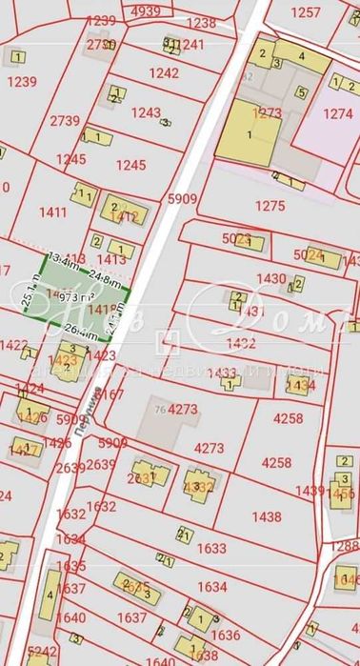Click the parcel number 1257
tap(307, 12)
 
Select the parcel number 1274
tap(338, 113)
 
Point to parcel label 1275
tap(270, 204)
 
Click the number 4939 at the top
tap(147, 10)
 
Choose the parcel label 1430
tap(271, 278)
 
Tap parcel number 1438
tap(267, 516)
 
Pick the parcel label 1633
tap(211, 548)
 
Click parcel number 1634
tap(211, 587)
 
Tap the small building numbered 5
tap(300, 92)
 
